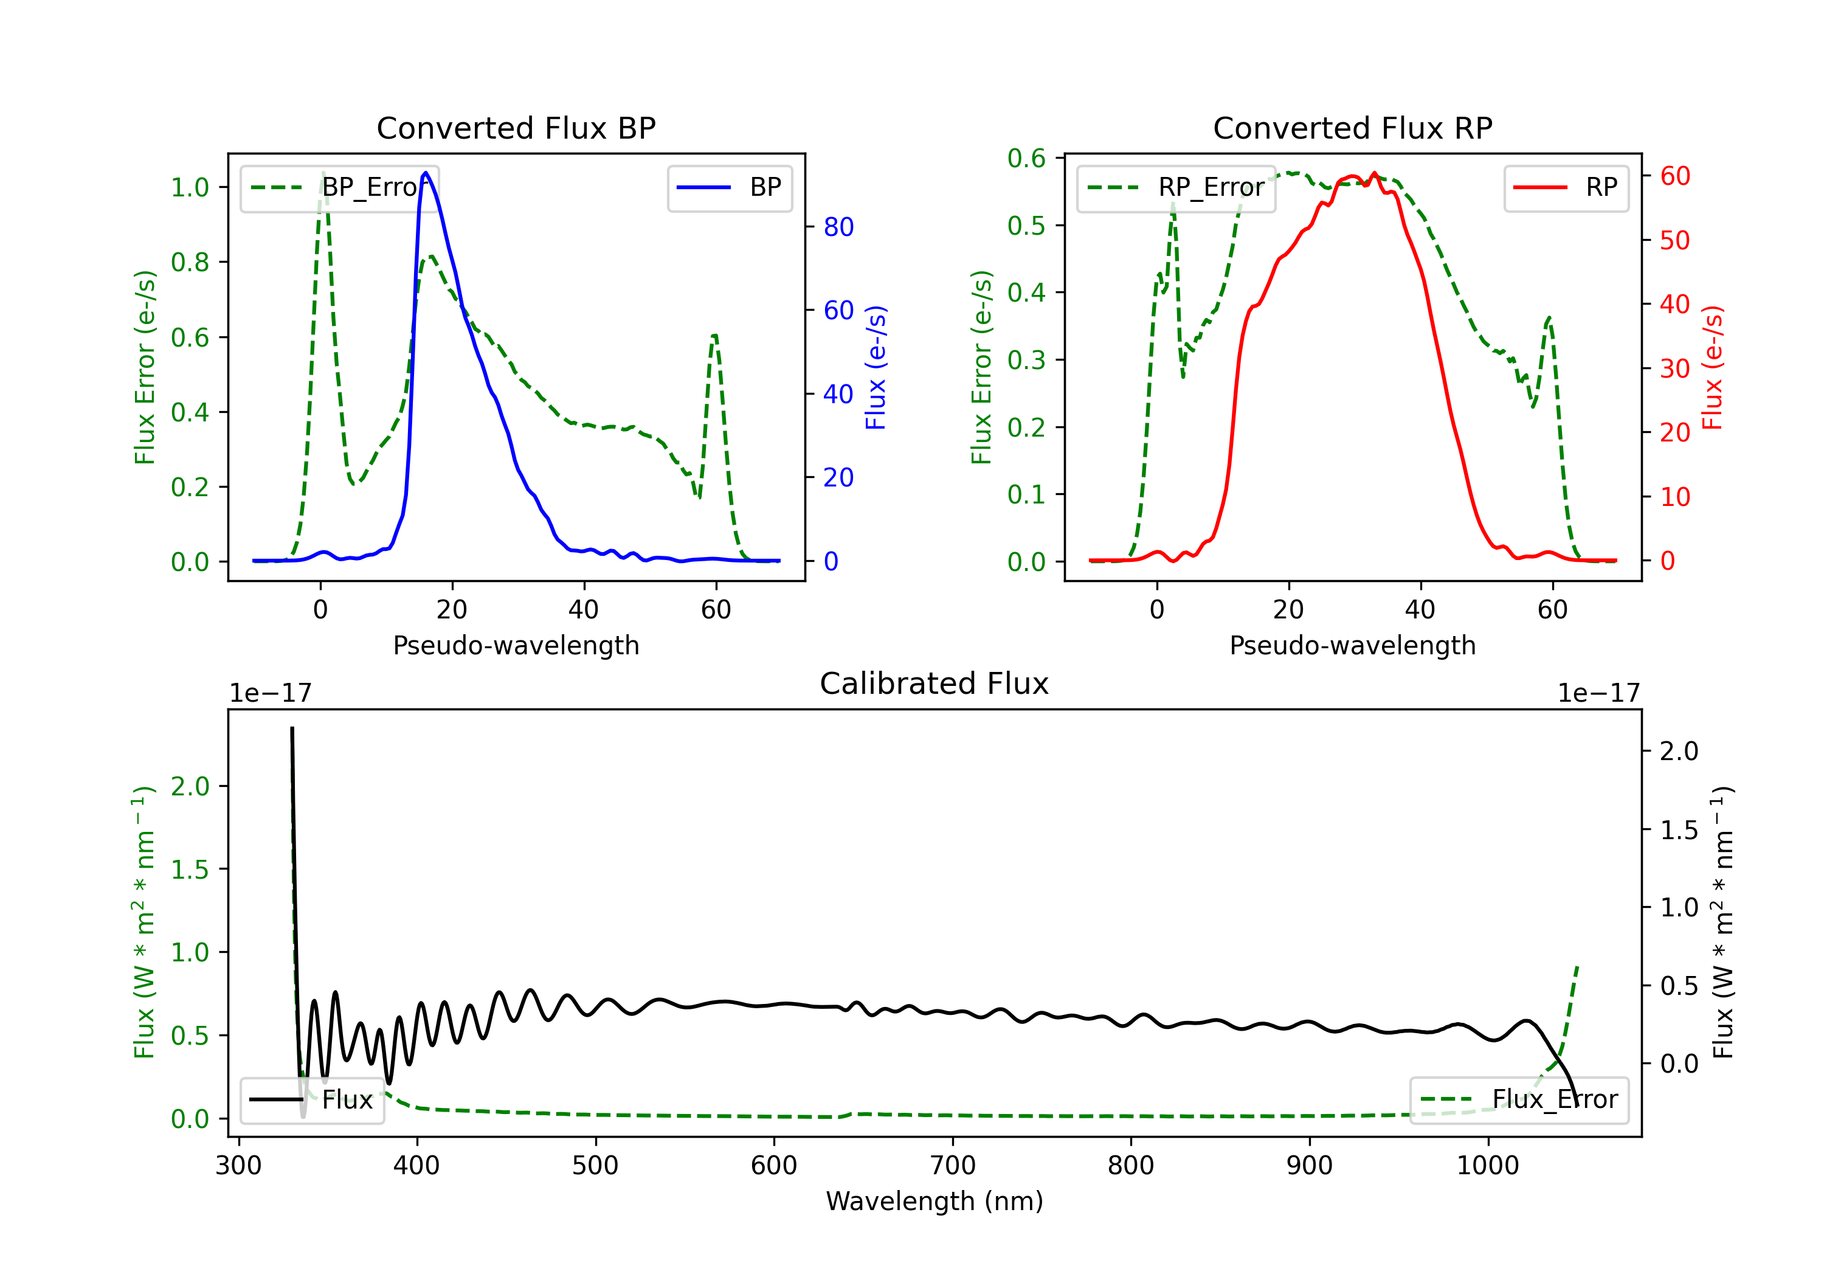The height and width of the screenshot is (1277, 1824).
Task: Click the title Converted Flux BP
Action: click(x=516, y=128)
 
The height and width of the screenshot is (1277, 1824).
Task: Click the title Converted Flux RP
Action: click(x=1352, y=128)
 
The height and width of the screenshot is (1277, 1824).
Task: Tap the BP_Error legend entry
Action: click(x=340, y=187)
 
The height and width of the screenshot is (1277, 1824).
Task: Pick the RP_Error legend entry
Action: click(x=1176, y=187)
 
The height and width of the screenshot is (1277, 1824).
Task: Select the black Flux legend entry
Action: click(x=313, y=1100)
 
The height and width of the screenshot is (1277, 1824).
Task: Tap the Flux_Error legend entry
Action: click(x=1519, y=1100)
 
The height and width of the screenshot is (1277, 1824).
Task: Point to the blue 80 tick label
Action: click(x=839, y=227)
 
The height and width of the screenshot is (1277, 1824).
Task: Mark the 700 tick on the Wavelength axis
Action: click(x=953, y=1166)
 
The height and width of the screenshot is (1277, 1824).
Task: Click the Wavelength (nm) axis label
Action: click(x=934, y=1201)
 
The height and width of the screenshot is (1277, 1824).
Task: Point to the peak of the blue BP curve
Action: click(x=426, y=173)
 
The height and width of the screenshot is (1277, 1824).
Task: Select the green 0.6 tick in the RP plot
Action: click(x=1026, y=158)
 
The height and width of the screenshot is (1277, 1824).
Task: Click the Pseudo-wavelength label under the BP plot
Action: click(x=516, y=645)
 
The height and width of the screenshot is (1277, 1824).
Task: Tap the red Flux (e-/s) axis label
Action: click(x=1713, y=367)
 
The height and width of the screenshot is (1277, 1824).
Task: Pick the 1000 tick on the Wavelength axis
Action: click(x=1487, y=1166)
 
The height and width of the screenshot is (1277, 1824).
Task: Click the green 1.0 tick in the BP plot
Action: click(x=190, y=187)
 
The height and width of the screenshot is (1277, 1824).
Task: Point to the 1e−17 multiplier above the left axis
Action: click(x=270, y=693)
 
